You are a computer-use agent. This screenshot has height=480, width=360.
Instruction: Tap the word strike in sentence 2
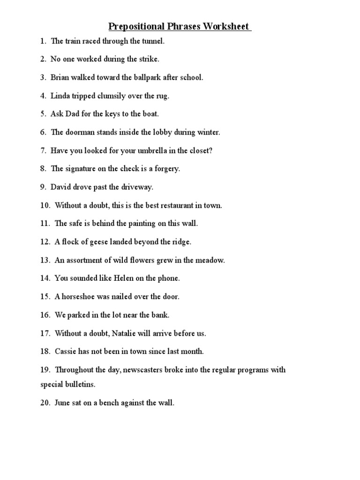(149, 60)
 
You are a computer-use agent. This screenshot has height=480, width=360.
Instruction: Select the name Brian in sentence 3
(61, 78)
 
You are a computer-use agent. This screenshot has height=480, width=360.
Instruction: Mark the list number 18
(45, 352)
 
